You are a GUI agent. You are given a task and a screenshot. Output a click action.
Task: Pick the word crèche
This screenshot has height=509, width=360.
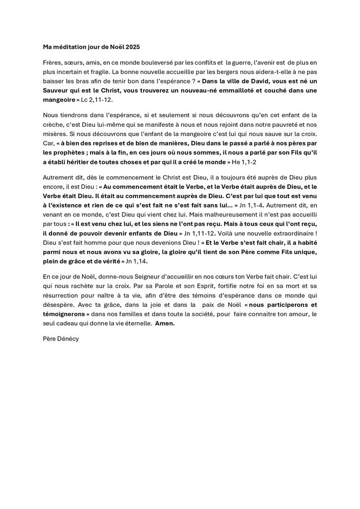(53, 124)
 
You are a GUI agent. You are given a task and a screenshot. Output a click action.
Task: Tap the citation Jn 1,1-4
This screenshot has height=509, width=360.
(254, 205)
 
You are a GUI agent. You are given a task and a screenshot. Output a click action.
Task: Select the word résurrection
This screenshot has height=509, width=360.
(63, 295)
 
